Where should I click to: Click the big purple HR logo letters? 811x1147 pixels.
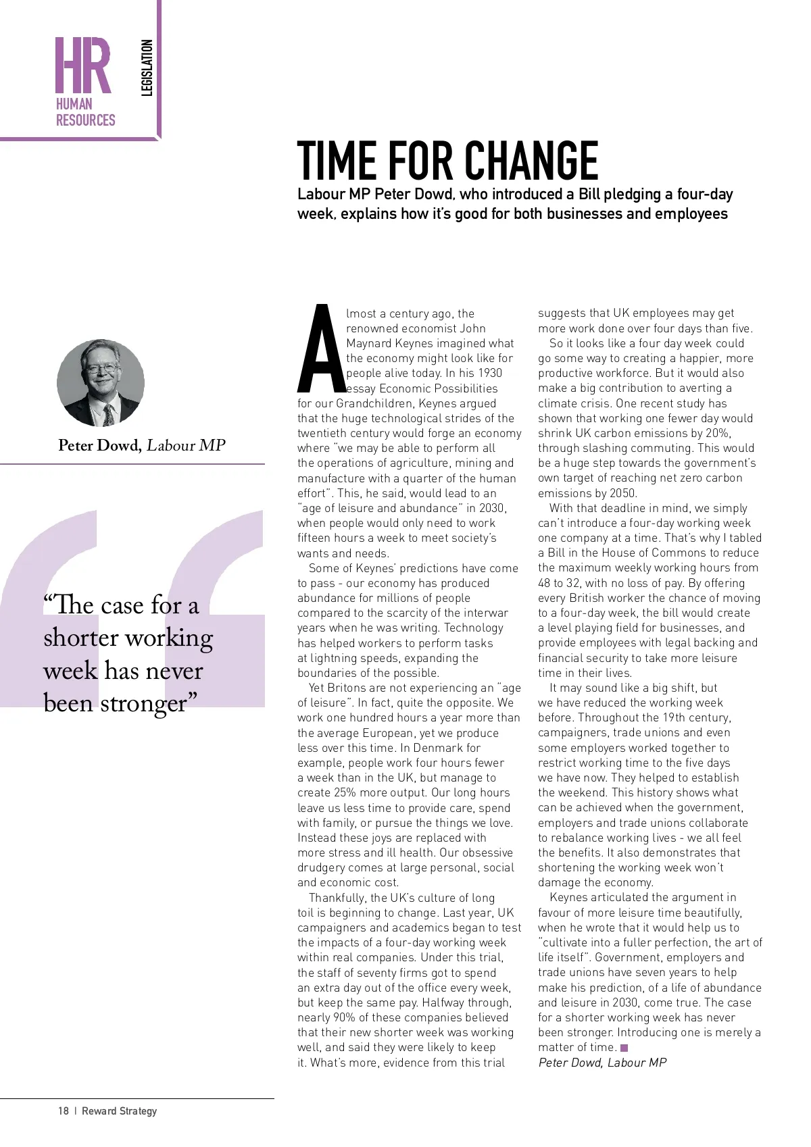tap(83, 66)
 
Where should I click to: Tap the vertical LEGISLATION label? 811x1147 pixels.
tap(147, 68)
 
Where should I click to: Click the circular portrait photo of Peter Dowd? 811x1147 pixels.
tap(101, 383)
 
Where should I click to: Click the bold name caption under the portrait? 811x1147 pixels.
tap(99, 445)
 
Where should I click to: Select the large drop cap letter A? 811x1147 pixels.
tap(321, 350)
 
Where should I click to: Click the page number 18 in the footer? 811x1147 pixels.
tap(64, 1111)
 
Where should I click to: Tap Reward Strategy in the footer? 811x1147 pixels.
tap(119, 1111)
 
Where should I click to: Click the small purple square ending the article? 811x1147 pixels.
tap(624, 1048)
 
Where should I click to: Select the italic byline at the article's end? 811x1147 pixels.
tap(602, 1063)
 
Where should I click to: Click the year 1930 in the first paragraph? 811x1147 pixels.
tap(490, 373)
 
